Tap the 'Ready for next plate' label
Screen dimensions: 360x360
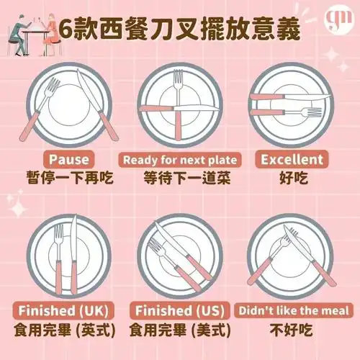[179, 159]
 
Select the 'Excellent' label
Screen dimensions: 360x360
[292, 159]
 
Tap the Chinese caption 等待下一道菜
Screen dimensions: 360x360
[179, 177]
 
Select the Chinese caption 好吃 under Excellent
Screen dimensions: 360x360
[292, 177]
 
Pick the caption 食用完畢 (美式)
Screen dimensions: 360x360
[179, 331]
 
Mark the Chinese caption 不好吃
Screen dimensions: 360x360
[293, 331]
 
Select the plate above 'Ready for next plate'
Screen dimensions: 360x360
[179, 107]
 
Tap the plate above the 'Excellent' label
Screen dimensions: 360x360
[292, 107]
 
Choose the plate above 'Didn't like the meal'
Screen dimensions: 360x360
[292, 257]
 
